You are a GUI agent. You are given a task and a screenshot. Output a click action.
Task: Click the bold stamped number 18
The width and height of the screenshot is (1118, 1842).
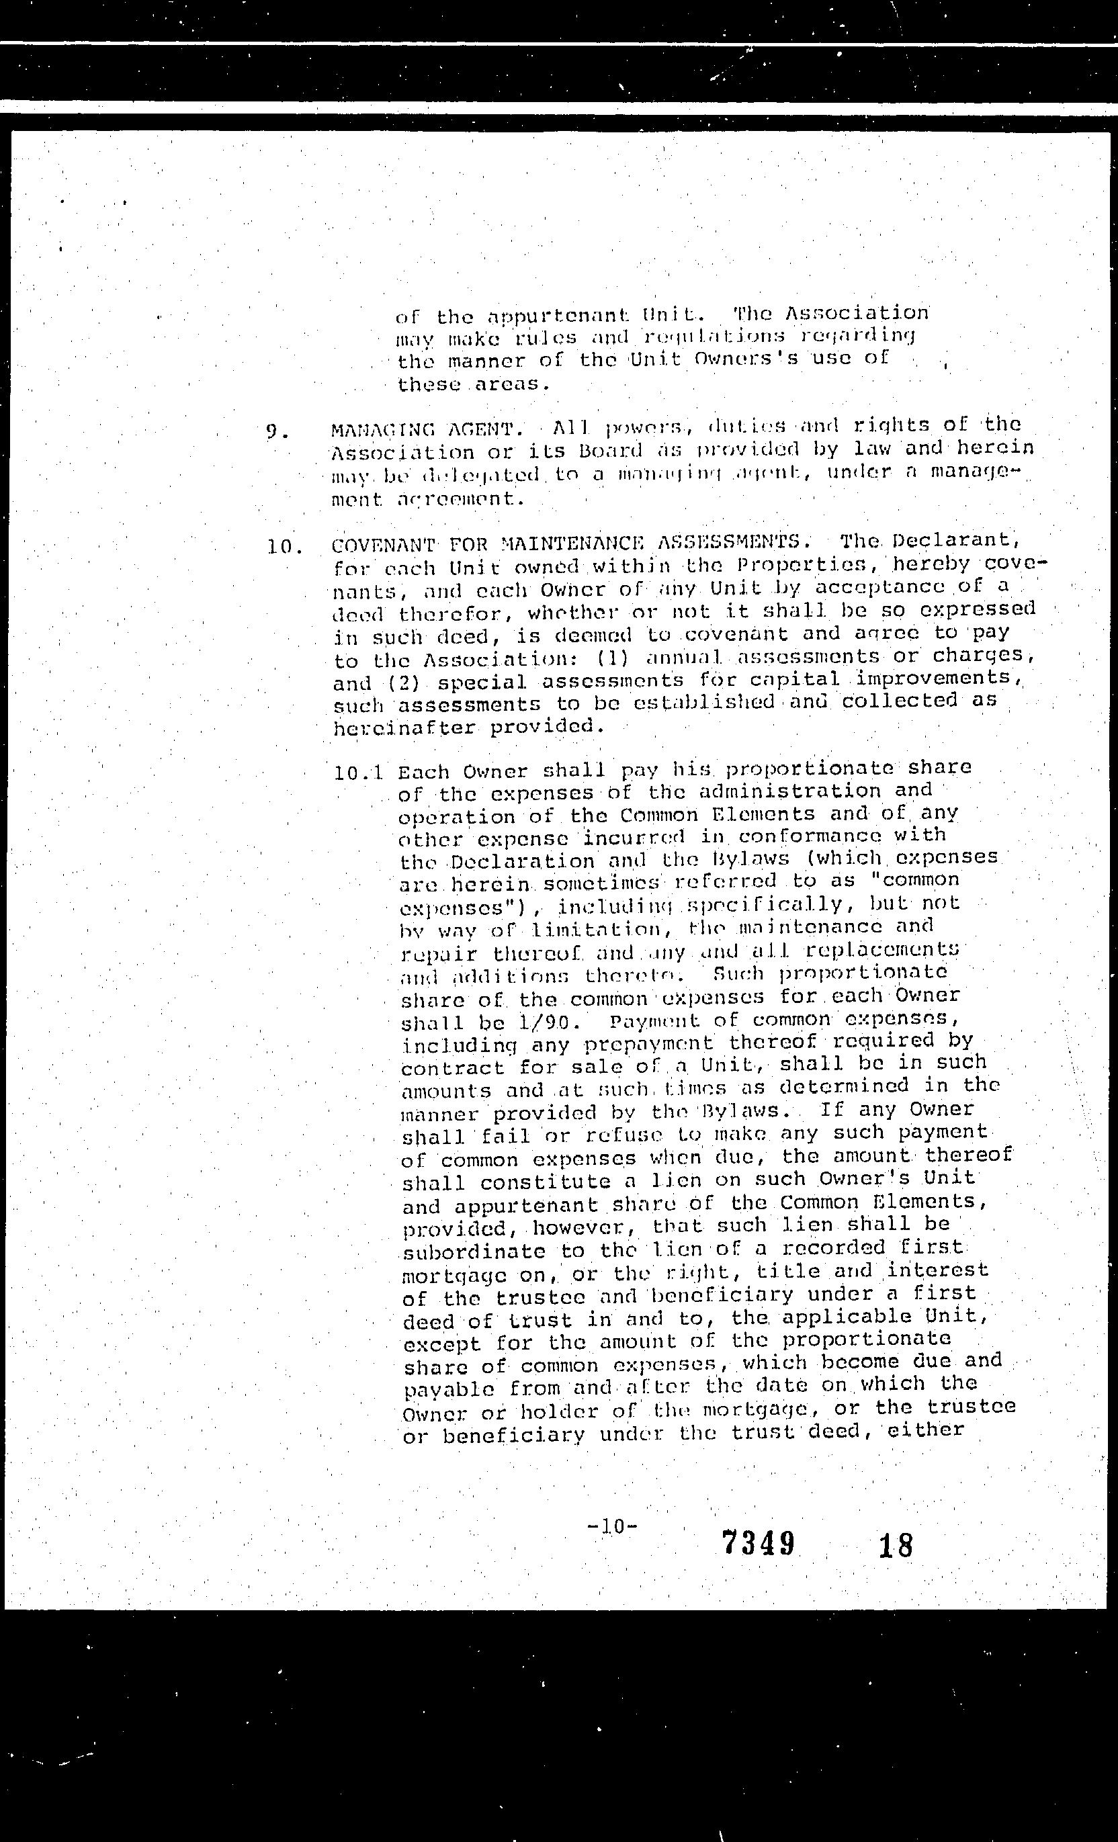point(896,1544)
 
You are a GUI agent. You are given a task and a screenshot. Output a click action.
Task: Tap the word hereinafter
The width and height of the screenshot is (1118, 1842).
point(404,728)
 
